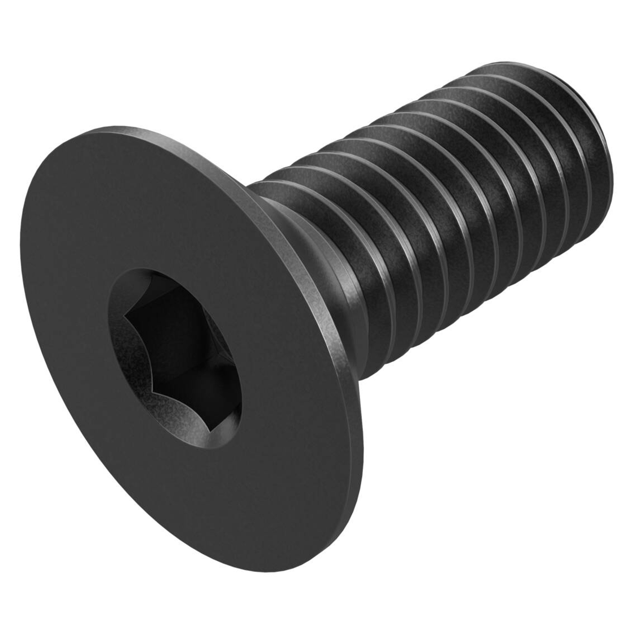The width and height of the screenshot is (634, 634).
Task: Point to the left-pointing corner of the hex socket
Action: click(x=125, y=317)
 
